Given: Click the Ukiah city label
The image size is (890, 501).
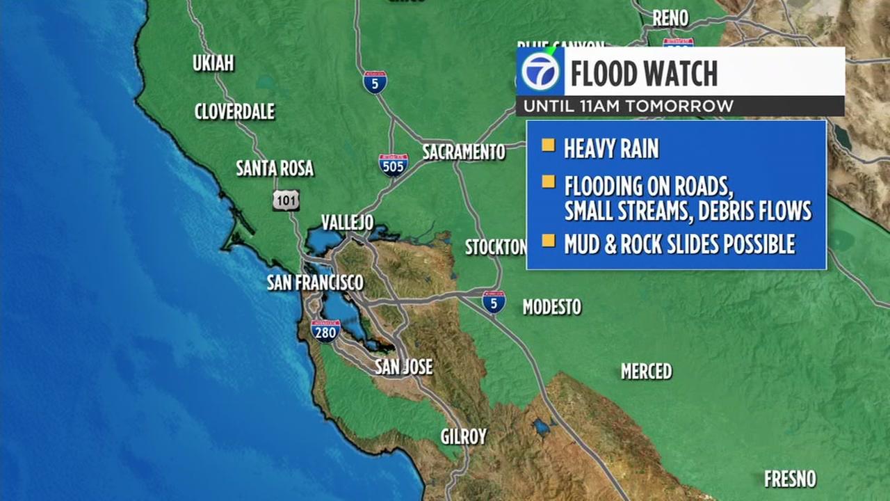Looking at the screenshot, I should (x=213, y=63).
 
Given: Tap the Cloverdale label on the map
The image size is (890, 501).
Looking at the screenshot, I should (x=234, y=111).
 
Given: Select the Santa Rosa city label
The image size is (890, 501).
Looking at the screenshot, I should (x=275, y=168).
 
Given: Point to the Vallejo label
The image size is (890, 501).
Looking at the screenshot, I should (x=347, y=223).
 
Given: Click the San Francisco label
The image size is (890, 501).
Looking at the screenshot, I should (x=315, y=283).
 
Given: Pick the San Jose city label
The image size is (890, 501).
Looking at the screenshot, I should (x=403, y=367).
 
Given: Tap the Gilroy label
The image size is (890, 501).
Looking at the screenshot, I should (x=464, y=437).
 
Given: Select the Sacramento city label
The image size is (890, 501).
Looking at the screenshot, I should (x=464, y=152).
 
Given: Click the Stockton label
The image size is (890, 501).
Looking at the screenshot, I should (x=495, y=247).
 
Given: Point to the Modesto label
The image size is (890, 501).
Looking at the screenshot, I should (x=551, y=307).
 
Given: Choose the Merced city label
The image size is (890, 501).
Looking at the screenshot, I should (x=646, y=372).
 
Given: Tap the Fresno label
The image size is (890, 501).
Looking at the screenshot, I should (x=790, y=479).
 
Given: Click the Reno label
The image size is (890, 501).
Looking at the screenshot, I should (x=670, y=18).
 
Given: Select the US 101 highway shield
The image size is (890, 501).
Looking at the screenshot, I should (x=286, y=200).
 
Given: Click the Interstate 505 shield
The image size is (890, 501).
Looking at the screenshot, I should (x=394, y=165).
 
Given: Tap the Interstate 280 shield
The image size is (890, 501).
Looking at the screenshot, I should (x=325, y=331).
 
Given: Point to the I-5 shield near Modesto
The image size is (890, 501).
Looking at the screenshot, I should (x=494, y=302).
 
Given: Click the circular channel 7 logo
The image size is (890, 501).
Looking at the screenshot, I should (x=540, y=72).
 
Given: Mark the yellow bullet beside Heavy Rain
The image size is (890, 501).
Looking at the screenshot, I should (x=549, y=145).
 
